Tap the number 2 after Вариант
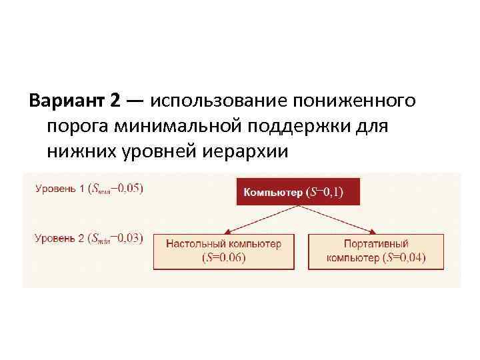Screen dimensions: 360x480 click(115, 101)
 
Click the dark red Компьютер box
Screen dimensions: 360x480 click(297, 192)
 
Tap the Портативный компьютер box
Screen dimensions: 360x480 click(376, 251)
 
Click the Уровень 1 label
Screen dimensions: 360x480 click(60, 188)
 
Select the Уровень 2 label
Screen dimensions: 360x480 click(60, 239)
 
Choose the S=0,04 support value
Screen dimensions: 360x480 click(405, 258)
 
